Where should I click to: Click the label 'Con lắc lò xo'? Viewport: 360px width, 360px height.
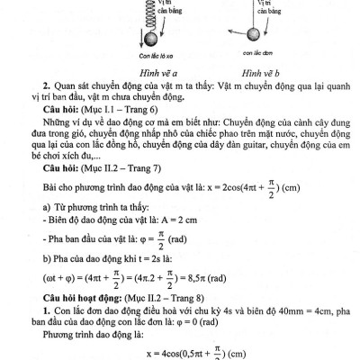130,55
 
